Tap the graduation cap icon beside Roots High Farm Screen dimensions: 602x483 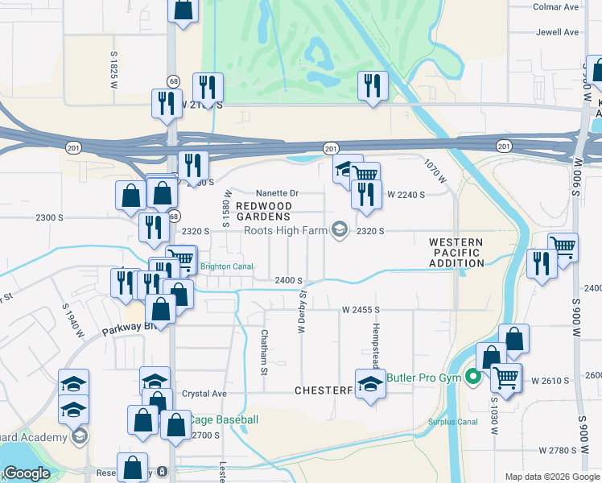[340, 231]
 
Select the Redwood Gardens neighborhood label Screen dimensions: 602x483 [262, 211]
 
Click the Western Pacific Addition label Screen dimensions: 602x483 [456, 252]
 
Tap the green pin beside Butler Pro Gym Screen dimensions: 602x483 [473, 377]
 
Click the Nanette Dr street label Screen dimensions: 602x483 [277, 193]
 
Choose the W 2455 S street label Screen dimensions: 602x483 [360, 309]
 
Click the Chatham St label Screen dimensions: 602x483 [263, 352]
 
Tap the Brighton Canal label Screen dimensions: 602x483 [226, 266]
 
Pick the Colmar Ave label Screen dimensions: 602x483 [556, 6]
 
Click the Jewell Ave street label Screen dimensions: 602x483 [559, 33]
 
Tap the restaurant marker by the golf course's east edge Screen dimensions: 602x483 [373, 85]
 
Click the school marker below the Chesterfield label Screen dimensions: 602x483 [370, 384]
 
